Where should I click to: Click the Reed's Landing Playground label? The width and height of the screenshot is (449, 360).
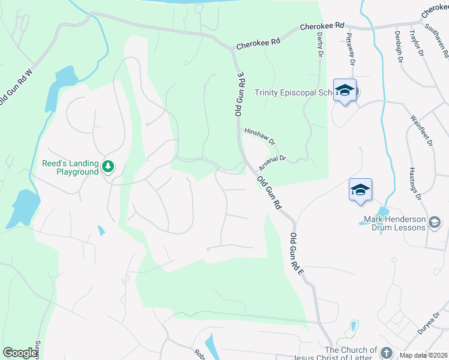70,167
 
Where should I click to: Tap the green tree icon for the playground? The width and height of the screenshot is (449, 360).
108,166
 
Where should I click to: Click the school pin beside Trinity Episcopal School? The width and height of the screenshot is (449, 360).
345,91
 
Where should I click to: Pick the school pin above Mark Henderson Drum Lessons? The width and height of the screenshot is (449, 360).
360,190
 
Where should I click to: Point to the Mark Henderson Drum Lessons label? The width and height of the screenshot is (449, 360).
394,223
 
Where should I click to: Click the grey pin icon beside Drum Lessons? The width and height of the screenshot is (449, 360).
435,223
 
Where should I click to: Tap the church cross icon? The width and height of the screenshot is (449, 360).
386,353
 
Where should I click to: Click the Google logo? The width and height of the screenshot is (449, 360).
20,353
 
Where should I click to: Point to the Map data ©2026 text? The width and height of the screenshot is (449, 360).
424,355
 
